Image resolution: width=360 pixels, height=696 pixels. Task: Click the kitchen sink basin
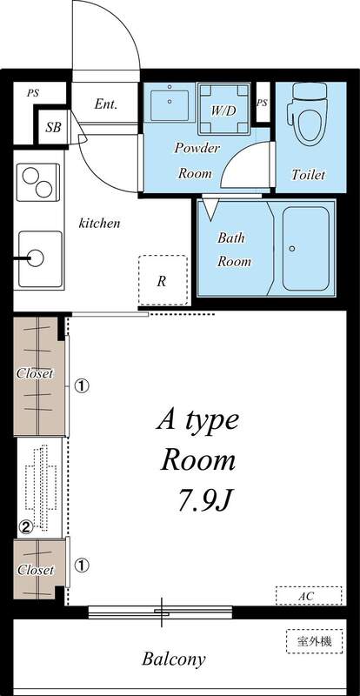click(37, 257)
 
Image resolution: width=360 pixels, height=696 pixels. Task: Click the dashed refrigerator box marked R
click(163, 280)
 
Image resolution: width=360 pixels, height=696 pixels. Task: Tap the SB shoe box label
click(53, 127)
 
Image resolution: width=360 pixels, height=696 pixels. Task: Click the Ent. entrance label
click(106, 104)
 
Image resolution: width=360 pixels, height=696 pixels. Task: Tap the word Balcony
click(174, 659)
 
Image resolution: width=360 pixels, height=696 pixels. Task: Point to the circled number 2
click(26, 525)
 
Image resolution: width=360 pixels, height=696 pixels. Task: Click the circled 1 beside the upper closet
click(81, 384)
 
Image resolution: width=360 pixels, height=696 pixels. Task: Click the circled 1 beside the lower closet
click(81, 565)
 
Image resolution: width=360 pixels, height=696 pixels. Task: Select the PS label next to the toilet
click(262, 104)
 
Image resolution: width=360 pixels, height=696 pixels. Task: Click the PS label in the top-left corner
click(32, 91)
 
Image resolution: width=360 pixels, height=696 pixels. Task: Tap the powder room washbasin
click(169, 106)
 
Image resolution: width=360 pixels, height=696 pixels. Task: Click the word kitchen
click(100, 223)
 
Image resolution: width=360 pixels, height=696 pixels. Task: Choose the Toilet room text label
click(308, 175)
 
